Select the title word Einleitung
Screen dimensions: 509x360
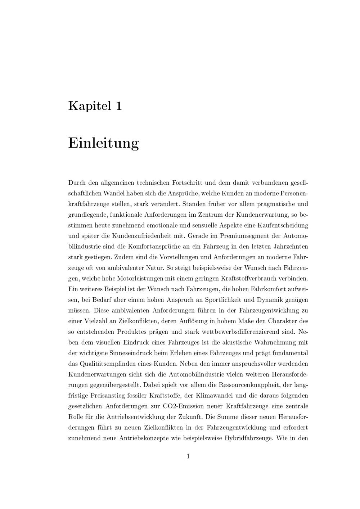(103, 143)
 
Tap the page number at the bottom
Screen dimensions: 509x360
(188, 456)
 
